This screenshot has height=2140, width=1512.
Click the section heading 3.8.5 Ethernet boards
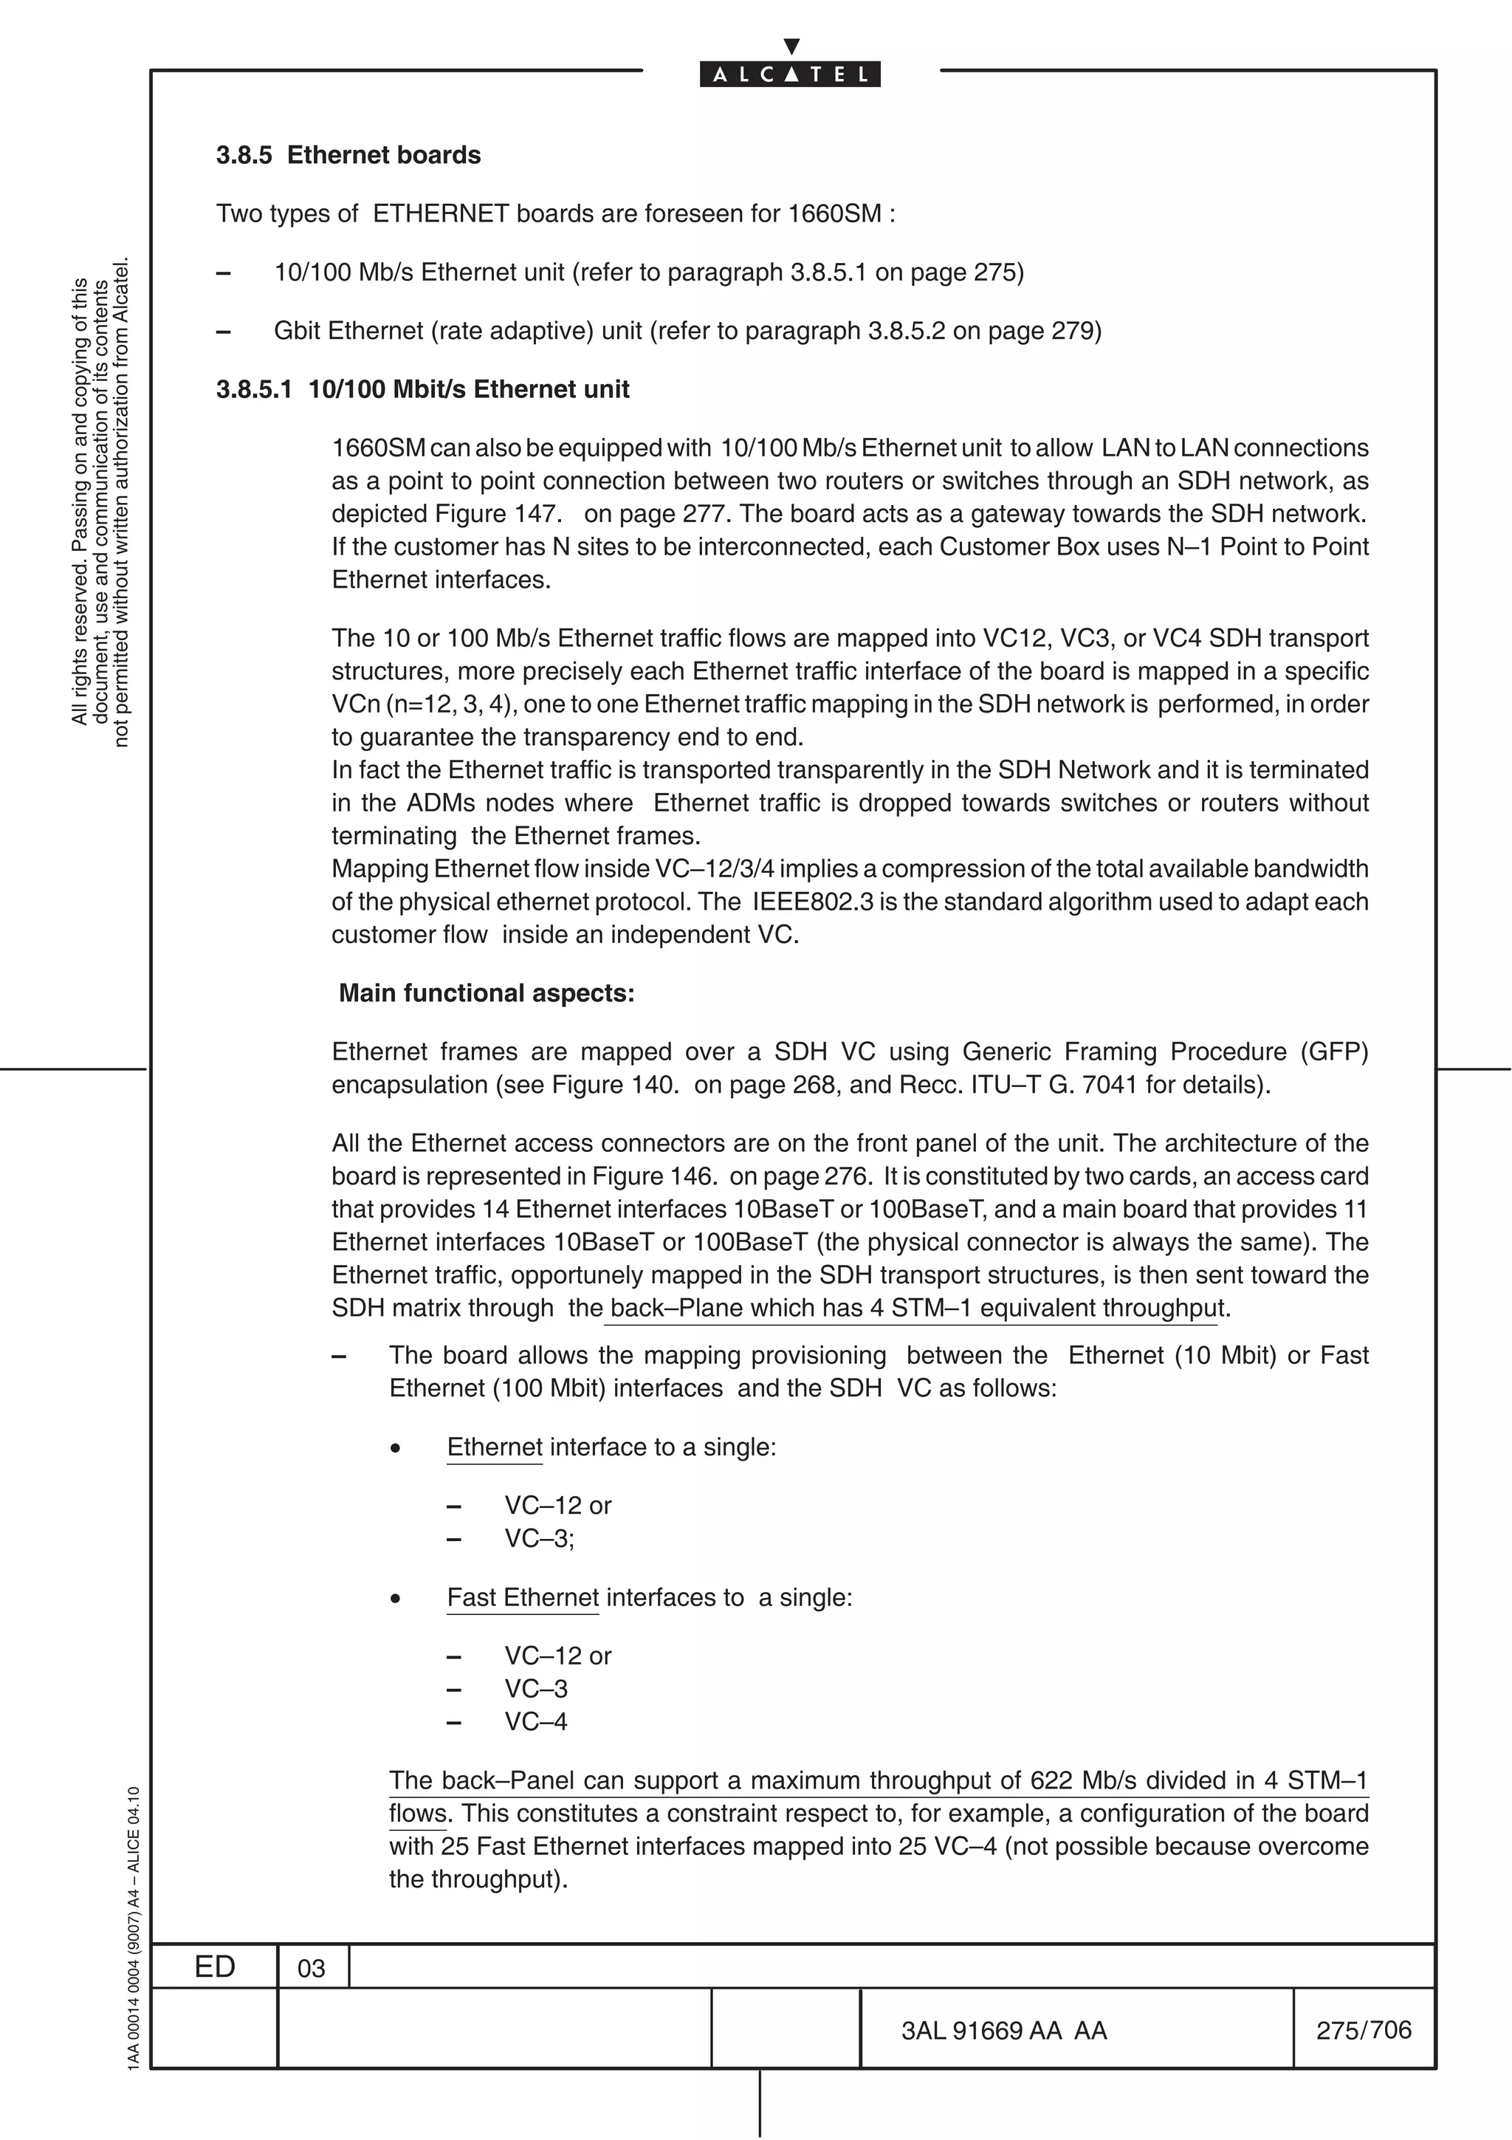[x=348, y=155]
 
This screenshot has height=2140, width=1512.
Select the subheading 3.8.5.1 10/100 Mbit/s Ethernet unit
[x=422, y=390]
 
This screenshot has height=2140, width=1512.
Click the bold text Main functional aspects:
[x=487, y=994]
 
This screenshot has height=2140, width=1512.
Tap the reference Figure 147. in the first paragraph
[x=498, y=515]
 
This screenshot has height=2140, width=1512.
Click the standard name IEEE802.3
[x=808, y=902]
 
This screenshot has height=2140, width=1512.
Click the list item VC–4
[x=536, y=1723]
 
